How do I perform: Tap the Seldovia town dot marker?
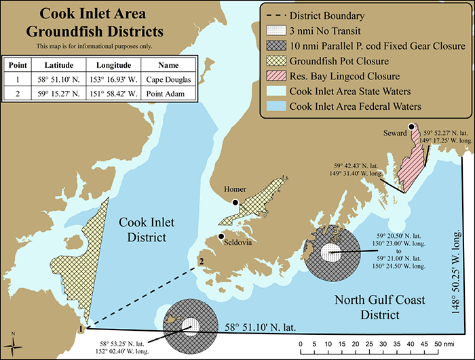tap(221, 237)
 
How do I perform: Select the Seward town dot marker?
tap(411, 127)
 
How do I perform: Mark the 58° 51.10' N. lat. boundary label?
tap(261, 327)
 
